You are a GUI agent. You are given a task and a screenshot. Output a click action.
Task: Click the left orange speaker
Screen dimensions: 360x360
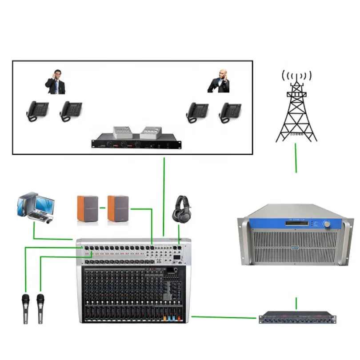[88, 208]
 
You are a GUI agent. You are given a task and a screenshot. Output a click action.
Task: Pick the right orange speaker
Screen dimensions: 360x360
[118, 208]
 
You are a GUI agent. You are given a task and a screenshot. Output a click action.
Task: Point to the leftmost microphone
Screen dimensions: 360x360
[26, 308]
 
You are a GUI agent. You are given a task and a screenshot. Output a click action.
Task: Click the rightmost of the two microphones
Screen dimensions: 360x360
[40, 308]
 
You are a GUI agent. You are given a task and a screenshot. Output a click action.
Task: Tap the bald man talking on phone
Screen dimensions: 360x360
[219, 81]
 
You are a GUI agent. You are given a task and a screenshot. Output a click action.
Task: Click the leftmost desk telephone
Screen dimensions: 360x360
[37, 111]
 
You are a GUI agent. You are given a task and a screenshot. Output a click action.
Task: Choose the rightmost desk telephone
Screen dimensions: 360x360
[230, 112]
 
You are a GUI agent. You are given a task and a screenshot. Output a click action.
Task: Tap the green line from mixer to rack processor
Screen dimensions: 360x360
[224, 317]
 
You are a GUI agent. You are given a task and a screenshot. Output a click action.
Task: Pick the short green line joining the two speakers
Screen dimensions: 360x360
[103, 208]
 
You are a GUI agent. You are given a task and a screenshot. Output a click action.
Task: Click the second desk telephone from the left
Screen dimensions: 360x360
[71, 111]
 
